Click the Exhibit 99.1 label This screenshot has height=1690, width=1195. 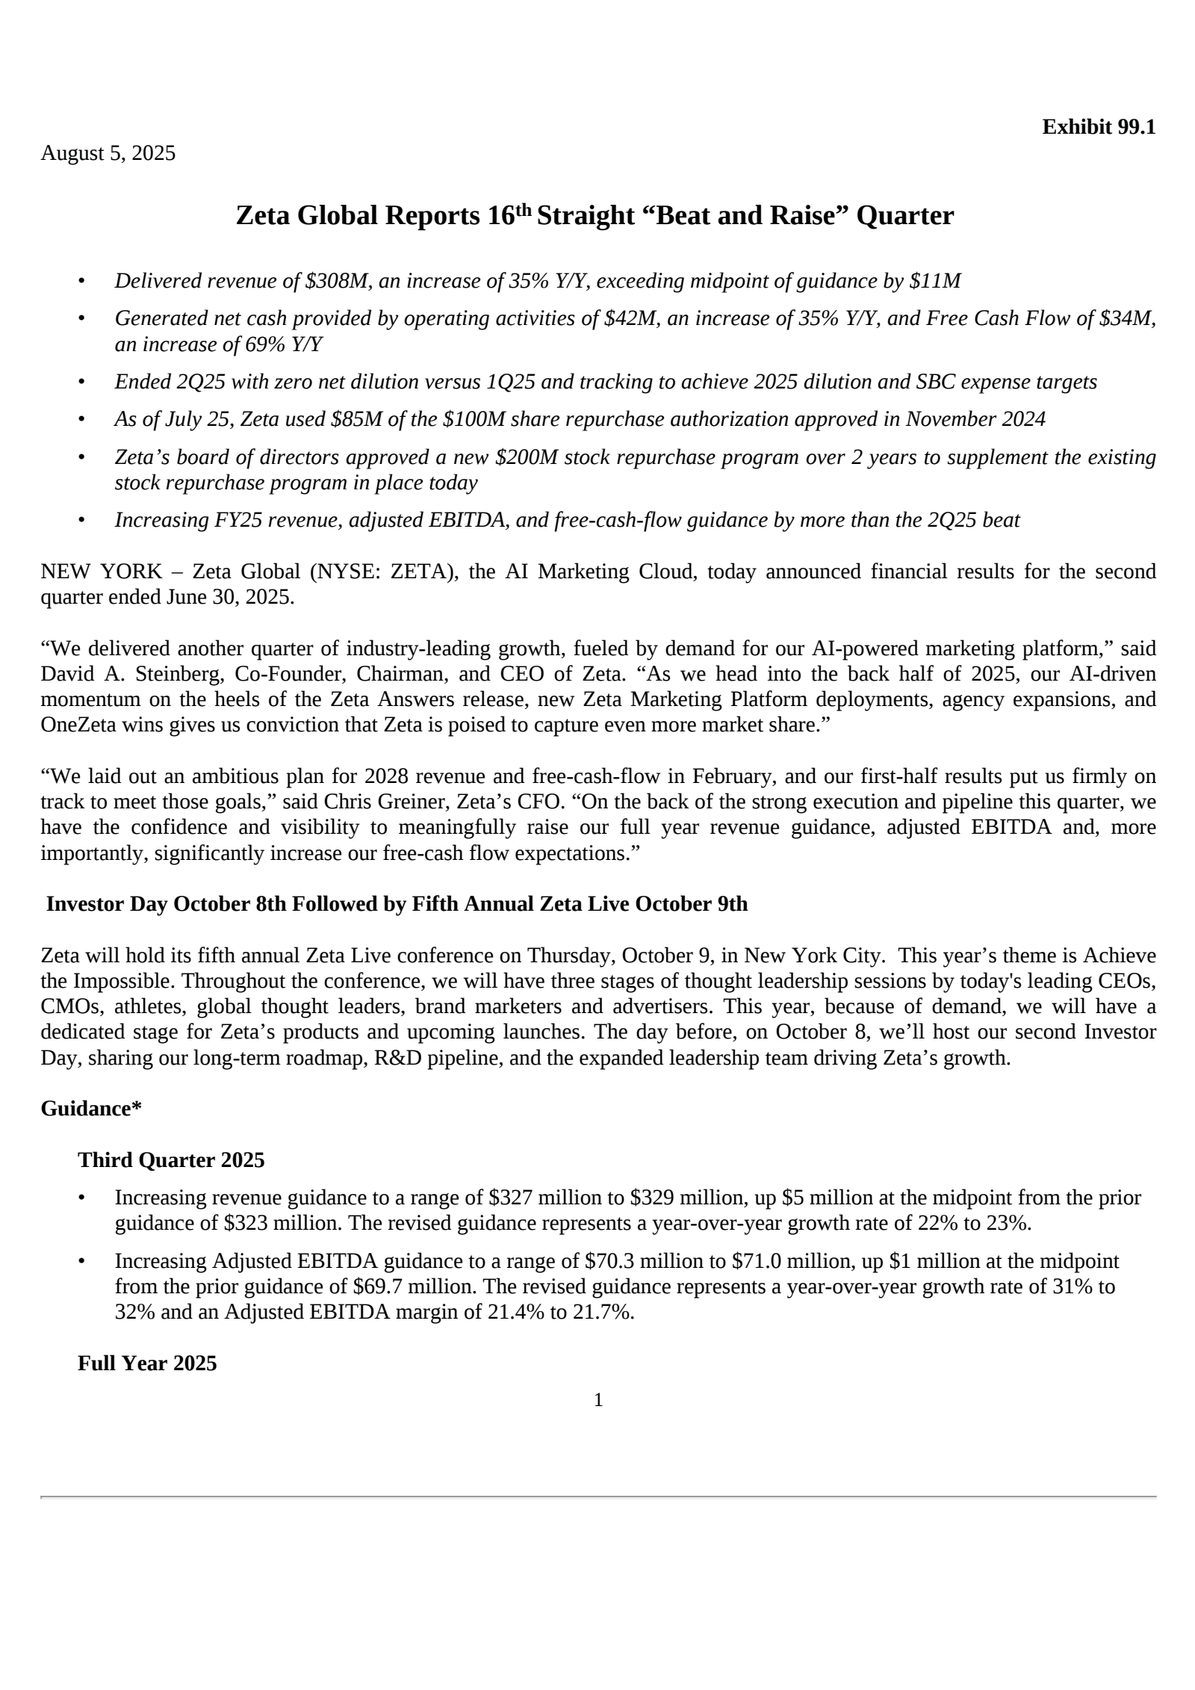[1098, 127]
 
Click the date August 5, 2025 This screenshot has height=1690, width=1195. [108, 153]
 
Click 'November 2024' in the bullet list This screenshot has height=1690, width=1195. [975, 419]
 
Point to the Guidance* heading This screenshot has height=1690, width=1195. [91, 1109]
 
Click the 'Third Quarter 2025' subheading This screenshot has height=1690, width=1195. [171, 1160]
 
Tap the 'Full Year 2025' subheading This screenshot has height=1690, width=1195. [147, 1364]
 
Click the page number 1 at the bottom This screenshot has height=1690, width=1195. [597, 1401]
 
